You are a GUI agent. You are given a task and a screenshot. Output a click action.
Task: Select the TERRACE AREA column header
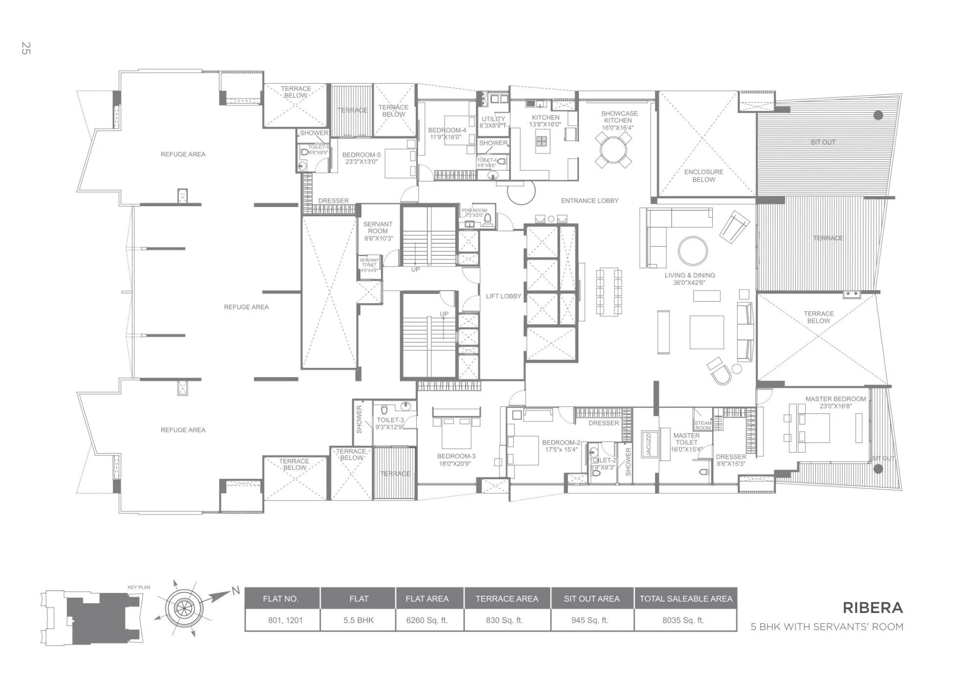tap(507, 599)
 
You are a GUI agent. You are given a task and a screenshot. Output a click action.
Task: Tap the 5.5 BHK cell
tap(359, 620)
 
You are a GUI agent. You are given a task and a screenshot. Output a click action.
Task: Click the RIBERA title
tap(872, 608)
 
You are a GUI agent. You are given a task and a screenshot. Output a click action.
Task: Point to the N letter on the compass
tap(236, 591)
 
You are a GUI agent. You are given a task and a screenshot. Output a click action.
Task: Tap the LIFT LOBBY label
tap(503, 296)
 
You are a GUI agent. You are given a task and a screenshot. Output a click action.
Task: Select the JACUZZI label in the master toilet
tap(649, 444)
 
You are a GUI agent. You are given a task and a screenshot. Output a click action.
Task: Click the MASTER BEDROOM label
tap(835, 399)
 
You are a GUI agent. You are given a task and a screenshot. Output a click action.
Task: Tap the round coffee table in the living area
tap(692, 251)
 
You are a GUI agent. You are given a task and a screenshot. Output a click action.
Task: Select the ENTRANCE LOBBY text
tap(589, 201)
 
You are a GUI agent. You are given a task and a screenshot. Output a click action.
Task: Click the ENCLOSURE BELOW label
tap(703, 176)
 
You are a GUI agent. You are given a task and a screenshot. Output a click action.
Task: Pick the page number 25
tap(26, 48)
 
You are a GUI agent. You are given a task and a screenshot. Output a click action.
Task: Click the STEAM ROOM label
tap(703, 425)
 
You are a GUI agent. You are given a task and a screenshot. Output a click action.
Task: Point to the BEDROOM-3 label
tap(456, 456)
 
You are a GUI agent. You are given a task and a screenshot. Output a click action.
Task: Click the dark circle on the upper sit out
tap(878, 116)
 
